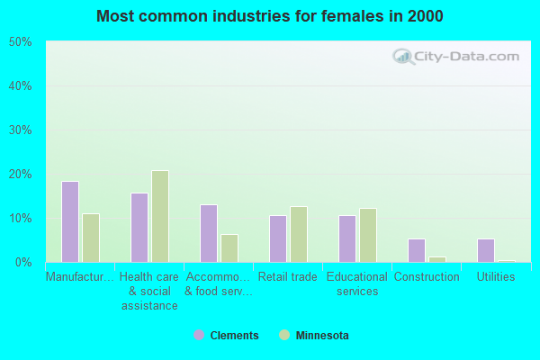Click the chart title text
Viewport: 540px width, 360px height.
pos(270,16)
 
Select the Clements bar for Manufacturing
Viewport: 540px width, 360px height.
pos(70,221)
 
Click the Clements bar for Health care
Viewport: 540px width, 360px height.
pos(139,227)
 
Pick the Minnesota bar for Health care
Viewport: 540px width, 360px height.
pos(160,216)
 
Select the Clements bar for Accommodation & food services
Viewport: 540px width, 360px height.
pos(209,233)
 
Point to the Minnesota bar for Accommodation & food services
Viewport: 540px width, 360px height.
pos(229,247)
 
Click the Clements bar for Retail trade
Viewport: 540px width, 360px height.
pos(278,238)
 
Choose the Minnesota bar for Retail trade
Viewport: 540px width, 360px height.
pos(299,234)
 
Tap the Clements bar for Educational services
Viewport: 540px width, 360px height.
pos(347,238)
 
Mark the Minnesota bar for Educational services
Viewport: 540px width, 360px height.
pos(368,235)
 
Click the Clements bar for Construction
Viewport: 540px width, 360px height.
pos(417,250)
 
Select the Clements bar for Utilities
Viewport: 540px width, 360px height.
pos(486,250)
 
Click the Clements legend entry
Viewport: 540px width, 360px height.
pos(226,336)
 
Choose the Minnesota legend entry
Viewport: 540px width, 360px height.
pos(314,336)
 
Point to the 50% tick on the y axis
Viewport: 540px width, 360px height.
pos(20,42)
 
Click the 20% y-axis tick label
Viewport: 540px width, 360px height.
pos(20,175)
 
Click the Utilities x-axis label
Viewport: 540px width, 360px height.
pos(496,277)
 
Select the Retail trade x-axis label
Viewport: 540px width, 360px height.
pos(288,277)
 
